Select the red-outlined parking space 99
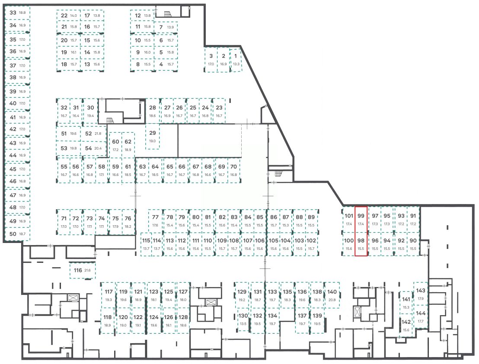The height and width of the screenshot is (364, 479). pos(361,220)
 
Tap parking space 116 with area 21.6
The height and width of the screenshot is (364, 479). pos(82,271)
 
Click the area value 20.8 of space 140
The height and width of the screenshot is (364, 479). pos(332,300)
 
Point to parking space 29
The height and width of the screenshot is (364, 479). pos(152,137)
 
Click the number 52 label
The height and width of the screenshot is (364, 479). pos(89,134)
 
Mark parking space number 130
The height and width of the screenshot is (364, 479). pos(243,319)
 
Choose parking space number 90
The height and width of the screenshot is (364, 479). pos(413,244)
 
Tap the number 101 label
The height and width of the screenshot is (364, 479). pos(348,216)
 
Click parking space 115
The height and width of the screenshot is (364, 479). pos(146,244)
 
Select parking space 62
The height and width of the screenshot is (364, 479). pos(128,145)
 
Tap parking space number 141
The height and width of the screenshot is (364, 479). pos(406,303)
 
